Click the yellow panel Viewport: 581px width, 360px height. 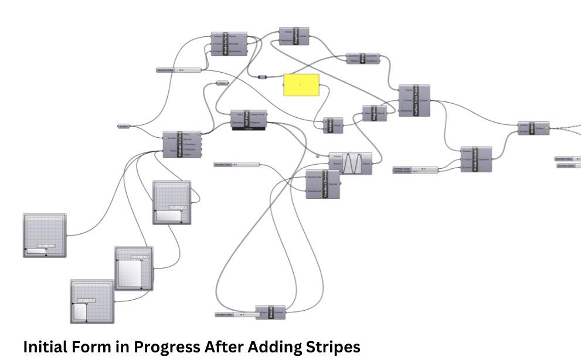tap(301, 84)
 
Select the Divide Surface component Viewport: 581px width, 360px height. tap(229, 44)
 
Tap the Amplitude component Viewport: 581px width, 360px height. tap(295, 36)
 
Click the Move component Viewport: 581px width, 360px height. tap(363, 58)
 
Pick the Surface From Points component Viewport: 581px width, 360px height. tap(414, 100)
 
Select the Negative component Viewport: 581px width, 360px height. tap(375, 113)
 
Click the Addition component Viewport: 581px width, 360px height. tap(333, 125)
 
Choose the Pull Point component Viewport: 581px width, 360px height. tap(249, 118)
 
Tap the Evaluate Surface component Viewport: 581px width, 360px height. tap(181, 144)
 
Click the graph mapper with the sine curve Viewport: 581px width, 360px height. tap(350, 164)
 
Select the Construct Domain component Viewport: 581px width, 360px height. tap(323, 184)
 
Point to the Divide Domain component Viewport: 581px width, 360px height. tap(475, 159)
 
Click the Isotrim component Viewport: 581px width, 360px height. tap(534, 128)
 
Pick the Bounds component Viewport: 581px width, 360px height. tap(271, 312)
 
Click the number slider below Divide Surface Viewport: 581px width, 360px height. tap(179, 70)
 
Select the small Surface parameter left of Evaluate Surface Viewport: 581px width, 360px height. tap(124, 126)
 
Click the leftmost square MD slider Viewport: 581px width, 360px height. tap(45, 235)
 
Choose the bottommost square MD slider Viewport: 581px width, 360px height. tap(92, 301)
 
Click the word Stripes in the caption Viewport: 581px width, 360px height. tap(329, 347)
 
